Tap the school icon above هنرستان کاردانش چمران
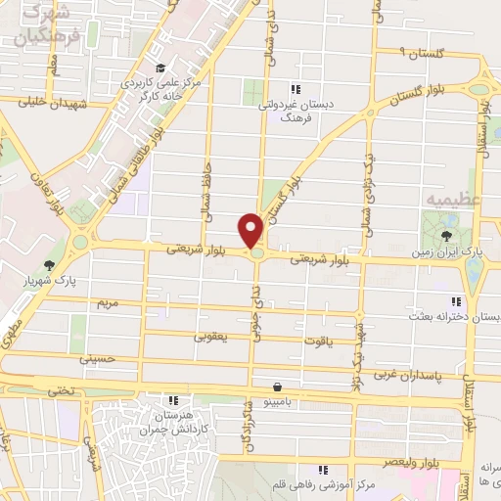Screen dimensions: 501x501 [173, 400]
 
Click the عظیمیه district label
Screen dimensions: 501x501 [449, 200]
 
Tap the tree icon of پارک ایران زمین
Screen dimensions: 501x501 [447, 236]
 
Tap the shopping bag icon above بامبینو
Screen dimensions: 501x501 [279, 387]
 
